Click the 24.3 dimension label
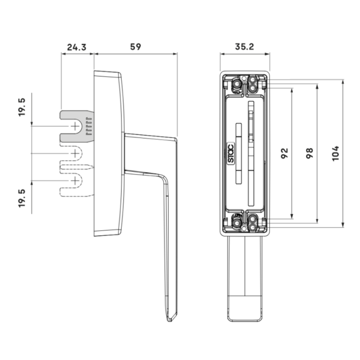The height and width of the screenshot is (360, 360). (77, 47)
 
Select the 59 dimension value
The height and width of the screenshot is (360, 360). (136, 47)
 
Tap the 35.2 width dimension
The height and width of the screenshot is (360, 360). (245, 47)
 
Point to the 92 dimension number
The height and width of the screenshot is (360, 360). (284, 153)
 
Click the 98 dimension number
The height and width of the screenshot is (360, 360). (310, 153)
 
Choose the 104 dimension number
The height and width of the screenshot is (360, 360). (335, 154)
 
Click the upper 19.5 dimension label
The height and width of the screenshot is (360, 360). (22, 107)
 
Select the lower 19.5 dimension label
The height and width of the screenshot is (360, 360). (22, 199)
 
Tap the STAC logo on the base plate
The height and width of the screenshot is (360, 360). (231, 153)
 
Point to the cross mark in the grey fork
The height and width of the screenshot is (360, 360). (74, 126)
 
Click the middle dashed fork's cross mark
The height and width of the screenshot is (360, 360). (74, 154)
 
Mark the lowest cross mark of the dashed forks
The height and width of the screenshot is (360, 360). (74, 181)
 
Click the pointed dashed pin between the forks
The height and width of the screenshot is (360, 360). (77, 167)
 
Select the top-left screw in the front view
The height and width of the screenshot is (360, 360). (236, 84)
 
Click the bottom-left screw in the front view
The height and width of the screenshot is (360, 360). (236, 223)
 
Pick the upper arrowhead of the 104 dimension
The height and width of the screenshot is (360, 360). (343, 82)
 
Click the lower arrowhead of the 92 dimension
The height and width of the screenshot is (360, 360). (292, 216)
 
